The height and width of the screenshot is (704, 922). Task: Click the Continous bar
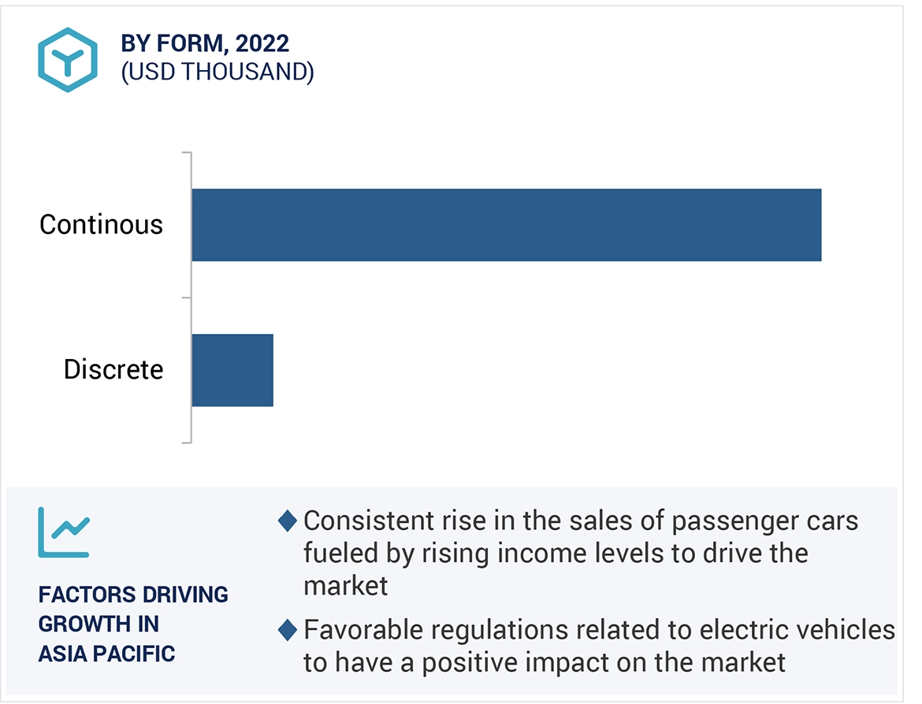[x=506, y=224]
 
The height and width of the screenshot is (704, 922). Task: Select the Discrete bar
[x=232, y=370]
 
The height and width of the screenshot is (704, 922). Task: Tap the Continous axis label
[x=101, y=224]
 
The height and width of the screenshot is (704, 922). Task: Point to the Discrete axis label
[x=113, y=369]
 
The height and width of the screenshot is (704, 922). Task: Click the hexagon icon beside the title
[x=68, y=60]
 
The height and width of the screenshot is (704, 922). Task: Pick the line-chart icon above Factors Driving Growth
[x=64, y=532]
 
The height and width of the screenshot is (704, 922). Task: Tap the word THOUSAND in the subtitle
[x=247, y=72]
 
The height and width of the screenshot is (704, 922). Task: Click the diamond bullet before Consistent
[x=288, y=521]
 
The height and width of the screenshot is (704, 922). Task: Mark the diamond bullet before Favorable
[x=288, y=630]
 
